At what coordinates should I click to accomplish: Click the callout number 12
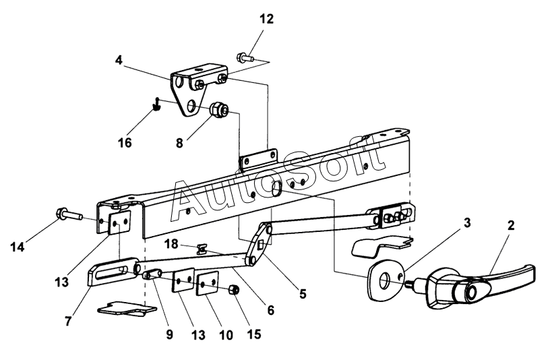click(x=266, y=19)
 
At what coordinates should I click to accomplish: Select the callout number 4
click(x=119, y=60)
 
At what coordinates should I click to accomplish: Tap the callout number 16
click(x=125, y=143)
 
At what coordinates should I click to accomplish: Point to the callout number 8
click(x=179, y=143)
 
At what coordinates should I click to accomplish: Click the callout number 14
click(x=18, y=247)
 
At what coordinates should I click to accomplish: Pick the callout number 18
click(x=171, y=244)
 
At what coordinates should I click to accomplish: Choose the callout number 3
click(x=467, y=222)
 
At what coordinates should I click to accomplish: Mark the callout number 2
click(x=511, y=225)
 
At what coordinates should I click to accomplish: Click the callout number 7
click(x=68, y=321)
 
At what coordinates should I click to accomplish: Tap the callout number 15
click(x=254, y=334)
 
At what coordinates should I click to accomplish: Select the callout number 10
click(x=226, y=335)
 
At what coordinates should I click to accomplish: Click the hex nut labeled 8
click(x=219, y=109)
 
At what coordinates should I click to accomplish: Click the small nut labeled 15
click(x=234, y=290)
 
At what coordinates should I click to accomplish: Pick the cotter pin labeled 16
click(x=157, y=104)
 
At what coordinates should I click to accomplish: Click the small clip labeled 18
click(x=202, y=249)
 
